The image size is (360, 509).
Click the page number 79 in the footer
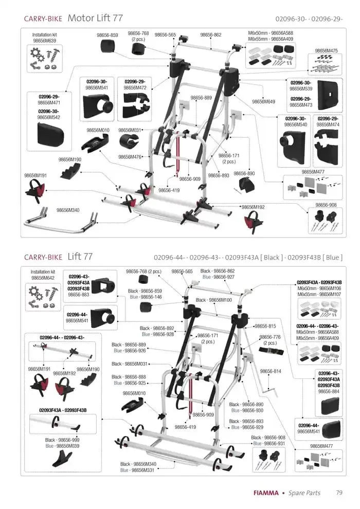(339, 493)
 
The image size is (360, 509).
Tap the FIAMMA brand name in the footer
(266, 493)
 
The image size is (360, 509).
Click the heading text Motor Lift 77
(95, 18)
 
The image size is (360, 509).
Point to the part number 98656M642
(44, 278)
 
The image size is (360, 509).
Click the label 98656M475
(326, 51)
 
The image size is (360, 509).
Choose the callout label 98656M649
(263, 102)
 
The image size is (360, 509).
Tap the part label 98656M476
(130, 157)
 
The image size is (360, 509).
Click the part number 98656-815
(265, 326)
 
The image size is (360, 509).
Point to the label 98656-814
(271, 371)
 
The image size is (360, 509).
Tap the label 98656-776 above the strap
(270, 337)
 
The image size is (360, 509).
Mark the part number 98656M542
(49, 117)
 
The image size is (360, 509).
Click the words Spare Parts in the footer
(304, 493)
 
